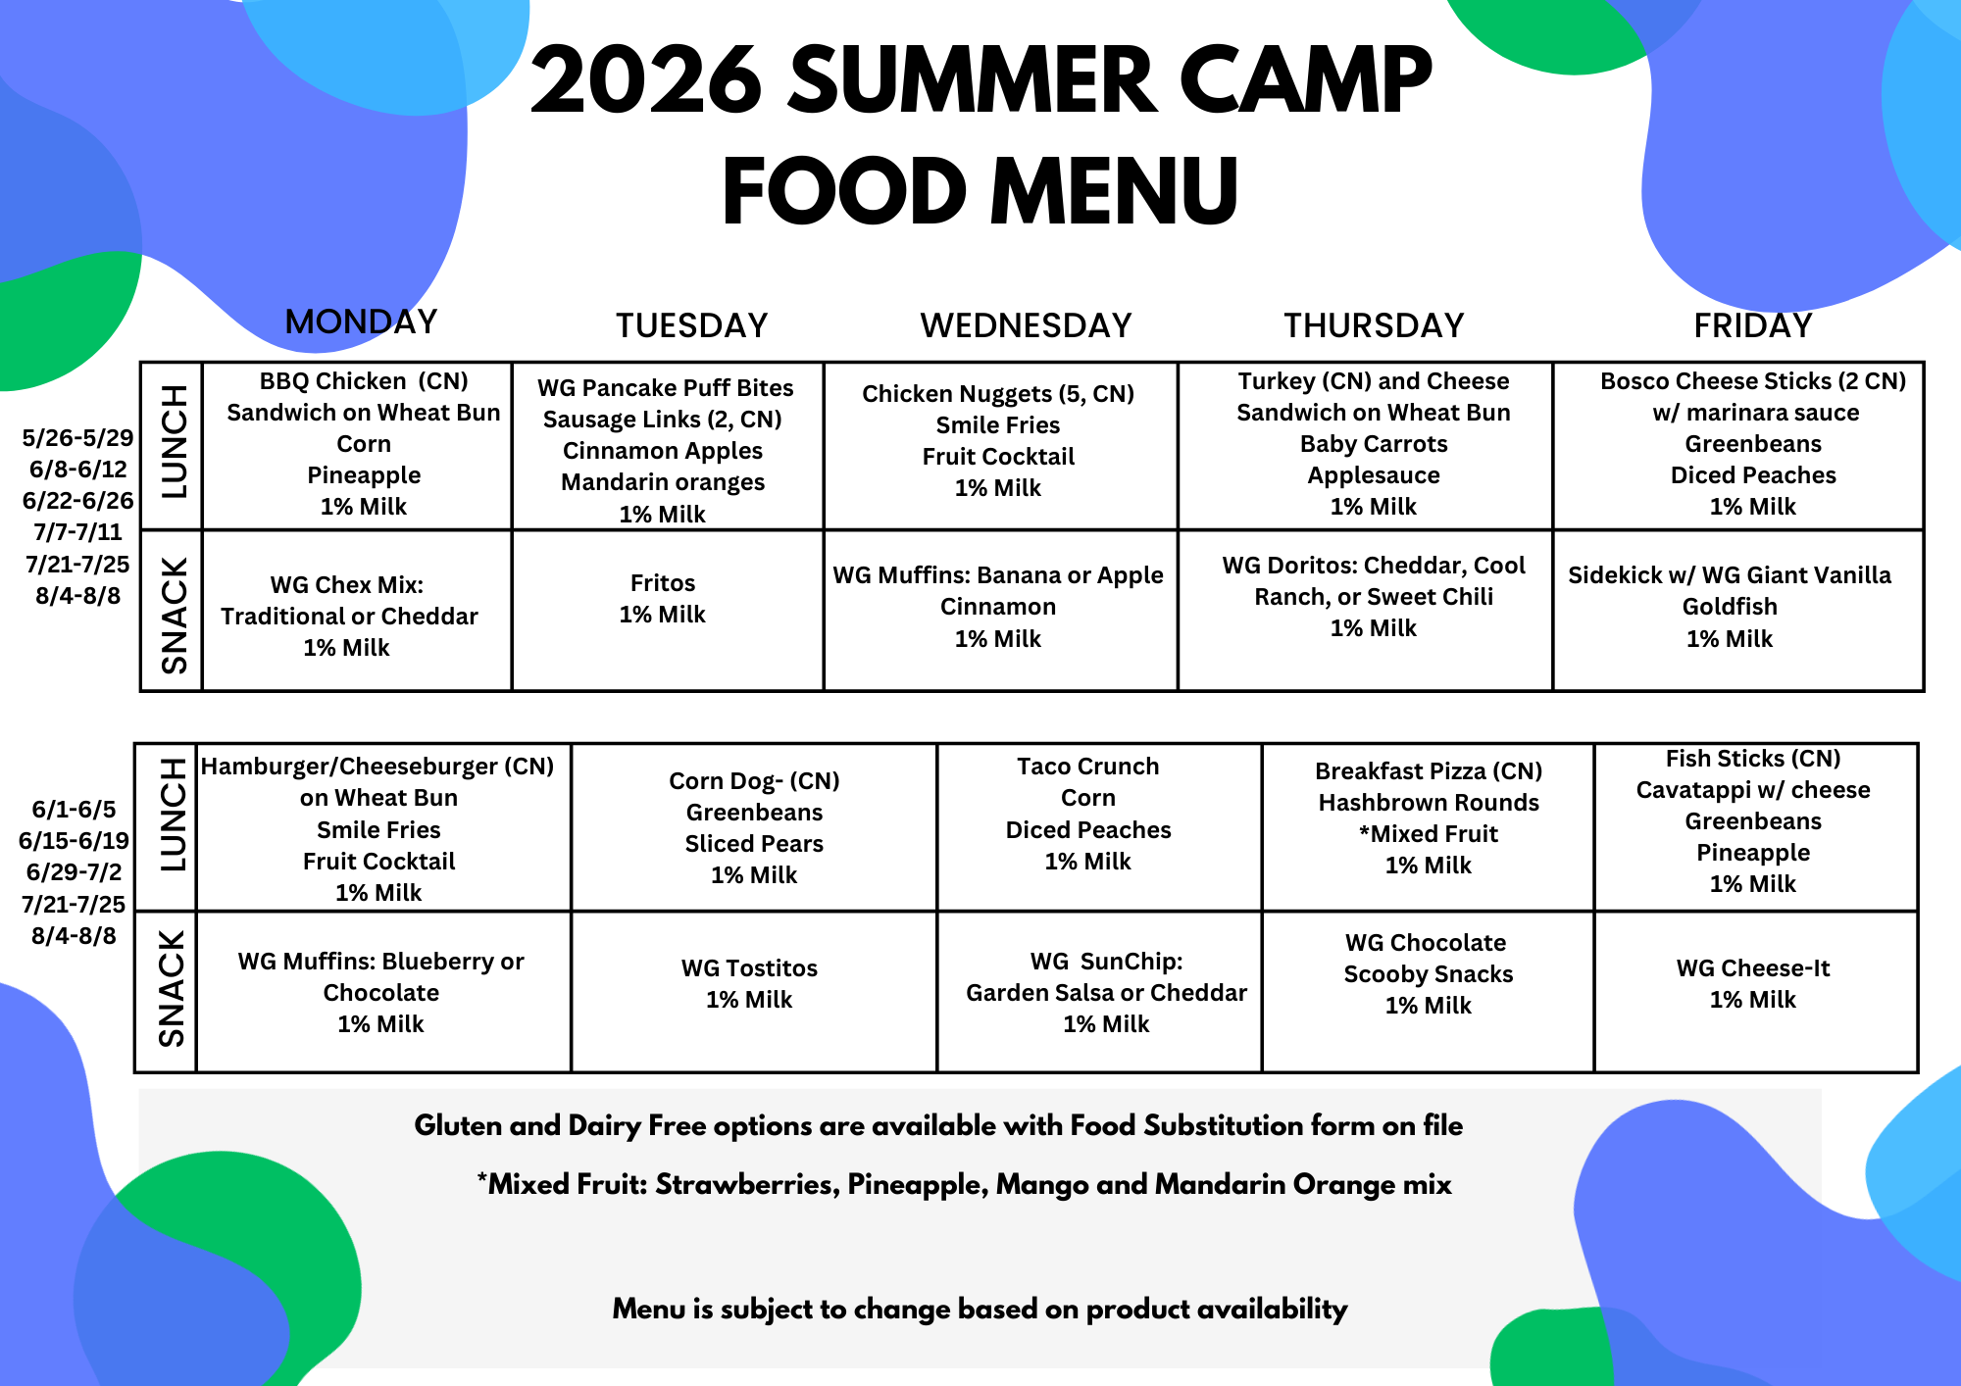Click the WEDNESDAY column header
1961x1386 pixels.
tap(1026, 325)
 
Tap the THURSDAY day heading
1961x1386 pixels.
tap(1374, 325)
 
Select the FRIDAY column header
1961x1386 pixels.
tap(1753, 325)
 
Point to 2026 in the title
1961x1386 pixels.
tap(647, 80)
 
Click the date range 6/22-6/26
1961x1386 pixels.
tap(78, 501)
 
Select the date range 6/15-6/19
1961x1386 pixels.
tap(74, 840)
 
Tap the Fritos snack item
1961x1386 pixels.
tap(663, 583)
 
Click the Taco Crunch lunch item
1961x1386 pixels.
tap(1088, 767)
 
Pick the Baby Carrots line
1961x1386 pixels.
tap(1374, 444)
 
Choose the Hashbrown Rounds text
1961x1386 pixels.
tap(1429, 803)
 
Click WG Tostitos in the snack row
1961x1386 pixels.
tap(749, 968)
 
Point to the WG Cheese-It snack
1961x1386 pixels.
tap(1753, 968)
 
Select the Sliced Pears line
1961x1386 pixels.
tap(754, 844)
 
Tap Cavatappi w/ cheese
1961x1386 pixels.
tap(1753, 790)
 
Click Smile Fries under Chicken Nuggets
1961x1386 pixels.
tap(998, 425)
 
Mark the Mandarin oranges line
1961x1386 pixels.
tap(663, 482)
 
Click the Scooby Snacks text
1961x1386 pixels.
tap(1429, 974)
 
